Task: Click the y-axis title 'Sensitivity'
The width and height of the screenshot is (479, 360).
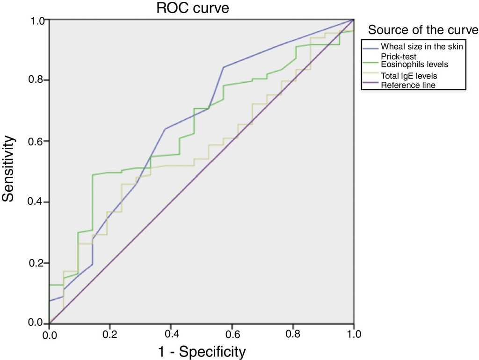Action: [x=8, y=169]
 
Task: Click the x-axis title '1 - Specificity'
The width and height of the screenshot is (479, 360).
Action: [x=202, y=351]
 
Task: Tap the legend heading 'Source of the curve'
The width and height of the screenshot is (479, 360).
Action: [x=423, y=30]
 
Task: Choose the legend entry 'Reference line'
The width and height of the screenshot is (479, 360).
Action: [x=408, y=85]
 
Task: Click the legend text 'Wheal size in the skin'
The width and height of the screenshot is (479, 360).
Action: [x=421, y=46]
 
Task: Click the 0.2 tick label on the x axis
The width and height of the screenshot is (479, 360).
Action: [x=110, y=335]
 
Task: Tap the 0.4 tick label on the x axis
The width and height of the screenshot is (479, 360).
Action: [x=171, y=335]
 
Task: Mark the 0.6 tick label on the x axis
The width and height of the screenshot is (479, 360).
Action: [x=232, y=335]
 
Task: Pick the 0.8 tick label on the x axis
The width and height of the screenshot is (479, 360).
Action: [x=293, y=335]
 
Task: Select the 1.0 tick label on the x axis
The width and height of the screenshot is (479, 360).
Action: [x=354, y=335]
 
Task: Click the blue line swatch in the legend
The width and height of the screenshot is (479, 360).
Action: [x=370, y=46]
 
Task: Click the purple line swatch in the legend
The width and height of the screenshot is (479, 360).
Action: [x=370, y=85]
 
